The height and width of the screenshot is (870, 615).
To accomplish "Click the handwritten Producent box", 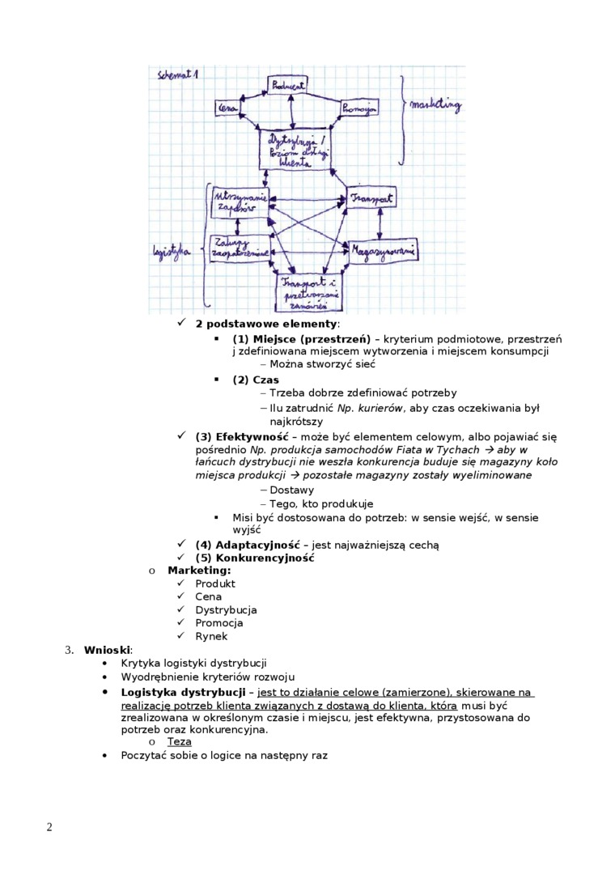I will coord(287,85).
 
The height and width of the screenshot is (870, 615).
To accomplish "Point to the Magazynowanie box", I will coord(383,252).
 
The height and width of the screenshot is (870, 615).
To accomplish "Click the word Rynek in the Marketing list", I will coord(211,636).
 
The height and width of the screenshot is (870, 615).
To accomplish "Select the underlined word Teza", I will coord(179,741).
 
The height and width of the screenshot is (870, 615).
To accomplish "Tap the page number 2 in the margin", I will coord(49,826).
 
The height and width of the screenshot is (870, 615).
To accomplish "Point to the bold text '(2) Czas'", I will coord(256,380).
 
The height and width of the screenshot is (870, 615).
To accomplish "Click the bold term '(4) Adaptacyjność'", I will coord(248,545).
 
